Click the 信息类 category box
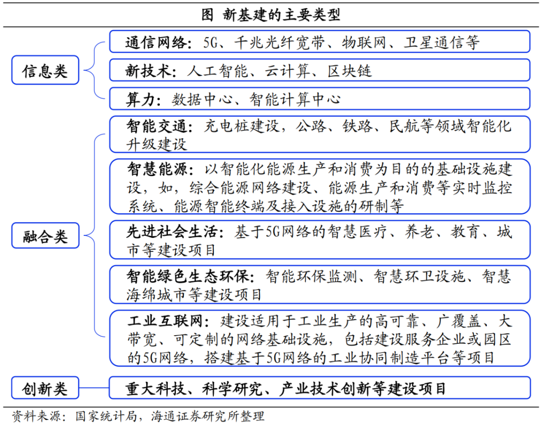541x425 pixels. (x=45, y=70)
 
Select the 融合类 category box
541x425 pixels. (x=45, y=235)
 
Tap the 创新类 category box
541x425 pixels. (x=45, y=388)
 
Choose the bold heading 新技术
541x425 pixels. (x=148, y=70)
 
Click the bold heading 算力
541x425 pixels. (x=140, y=99)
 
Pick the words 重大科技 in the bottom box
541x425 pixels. (x=155, y=388)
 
